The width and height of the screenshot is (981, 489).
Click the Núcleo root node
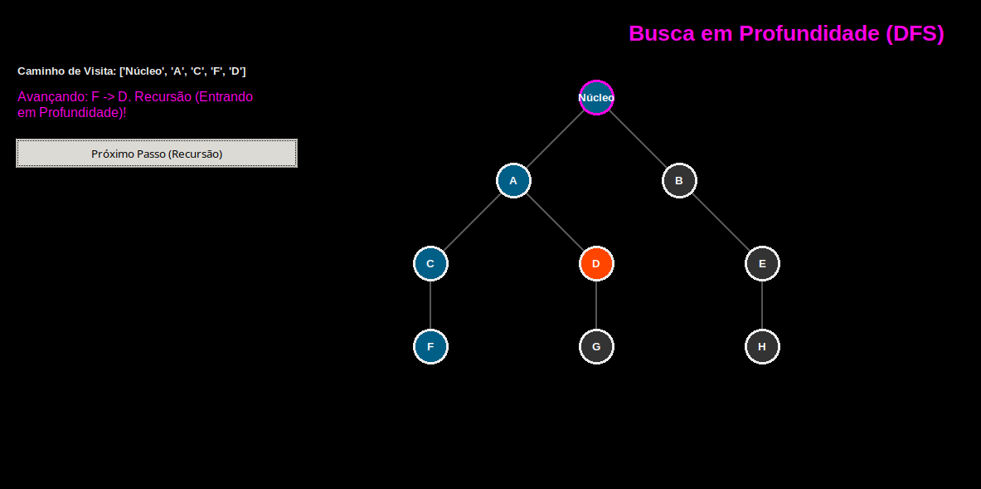(596, 98)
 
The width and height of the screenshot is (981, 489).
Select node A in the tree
(513, 180)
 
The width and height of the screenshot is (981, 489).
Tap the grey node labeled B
(679, 180)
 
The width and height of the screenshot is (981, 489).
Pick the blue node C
(430, 263)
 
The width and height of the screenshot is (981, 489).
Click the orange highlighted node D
(596, 263)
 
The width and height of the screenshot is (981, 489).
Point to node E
(762, 263)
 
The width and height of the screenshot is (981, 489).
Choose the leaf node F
(430, 346)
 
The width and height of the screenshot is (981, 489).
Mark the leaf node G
(596, 346)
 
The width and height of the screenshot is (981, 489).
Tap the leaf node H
(762, 346)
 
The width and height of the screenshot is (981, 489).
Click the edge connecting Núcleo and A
(555, 139)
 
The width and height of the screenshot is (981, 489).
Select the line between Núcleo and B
(638, 139)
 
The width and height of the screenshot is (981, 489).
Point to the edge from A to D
(555, 222)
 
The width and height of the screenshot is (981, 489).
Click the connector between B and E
(721, 222)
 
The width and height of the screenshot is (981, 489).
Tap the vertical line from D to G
(596, 305)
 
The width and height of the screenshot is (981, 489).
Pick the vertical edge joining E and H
(762, 305)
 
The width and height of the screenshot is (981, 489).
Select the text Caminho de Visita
(66, 71)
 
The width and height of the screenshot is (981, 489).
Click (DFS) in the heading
(915, 34)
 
